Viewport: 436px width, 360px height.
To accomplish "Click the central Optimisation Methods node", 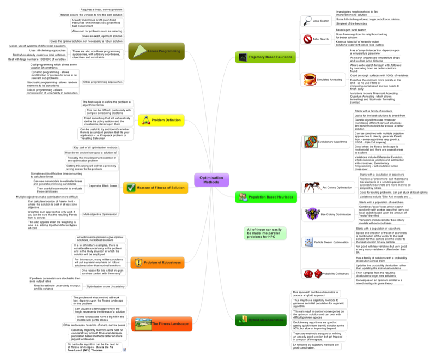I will tap(211, 181).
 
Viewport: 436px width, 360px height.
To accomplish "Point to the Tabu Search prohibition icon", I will tap(307, 39).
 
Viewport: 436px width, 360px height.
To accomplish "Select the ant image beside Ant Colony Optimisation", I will tap(312, 187).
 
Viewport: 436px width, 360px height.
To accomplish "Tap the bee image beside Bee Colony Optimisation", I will tap(312, 213).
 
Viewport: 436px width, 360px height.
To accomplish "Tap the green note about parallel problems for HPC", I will tap(264, 233).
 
